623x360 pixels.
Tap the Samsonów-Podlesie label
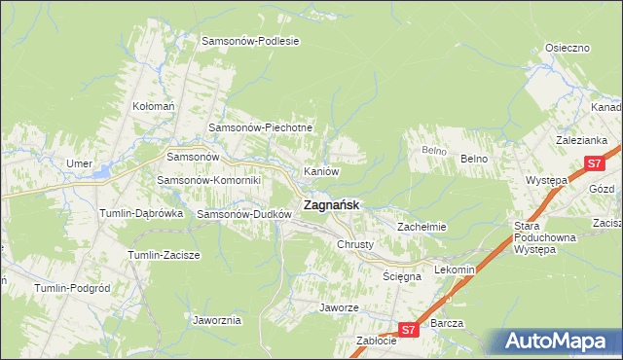pyautogui.click(x=250, y=41)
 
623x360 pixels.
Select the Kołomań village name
pyautogui.click(x=153, y=105)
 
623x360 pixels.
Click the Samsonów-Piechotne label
pyautogui.click(x=260, y=127)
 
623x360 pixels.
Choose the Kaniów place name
pyautogui.click(x=321, y=171)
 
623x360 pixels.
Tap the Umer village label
pyautogui.click(x=79, y=163)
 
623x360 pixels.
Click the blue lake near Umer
pyautogui.click(x=101, y=174)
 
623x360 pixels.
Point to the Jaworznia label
pyautogui.click(x=217, y=319)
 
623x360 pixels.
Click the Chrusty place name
pyautogui.click(x=355, y=244)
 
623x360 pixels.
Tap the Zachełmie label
pyautogui.click(x=421, y=227)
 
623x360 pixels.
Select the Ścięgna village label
pyautogui.click(x=402, y=276)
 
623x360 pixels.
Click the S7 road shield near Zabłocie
pyautogui.click(x=410, y=331)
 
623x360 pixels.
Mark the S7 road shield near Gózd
pyautogui.click(x=595, y=165)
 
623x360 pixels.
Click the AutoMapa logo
pyautogui.click(x=558, y=341)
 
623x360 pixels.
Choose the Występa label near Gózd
pyautogui.click(x=546, y=181)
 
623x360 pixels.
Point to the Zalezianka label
pyautogui.click(x=582, y=140)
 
